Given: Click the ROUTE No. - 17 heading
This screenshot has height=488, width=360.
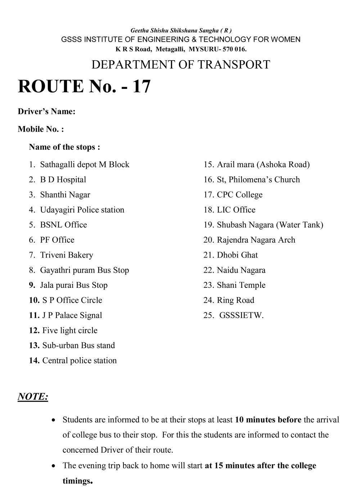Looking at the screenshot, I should [84, 87].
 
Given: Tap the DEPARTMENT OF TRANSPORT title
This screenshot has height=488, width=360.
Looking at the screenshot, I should [180, 64].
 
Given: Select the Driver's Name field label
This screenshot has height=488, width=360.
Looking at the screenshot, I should [46, 112].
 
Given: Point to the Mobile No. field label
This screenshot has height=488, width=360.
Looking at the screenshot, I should [41, 129].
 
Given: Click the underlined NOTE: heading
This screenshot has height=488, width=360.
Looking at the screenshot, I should [33, 397].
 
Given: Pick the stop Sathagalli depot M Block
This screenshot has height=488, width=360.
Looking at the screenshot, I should [85, 165].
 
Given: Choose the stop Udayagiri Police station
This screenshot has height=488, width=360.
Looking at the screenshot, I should [82, 210].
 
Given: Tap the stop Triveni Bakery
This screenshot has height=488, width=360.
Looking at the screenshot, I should [67, 255].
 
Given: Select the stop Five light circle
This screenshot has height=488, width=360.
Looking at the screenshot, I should [70, 330].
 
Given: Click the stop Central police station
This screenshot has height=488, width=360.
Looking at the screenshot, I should [80, 361].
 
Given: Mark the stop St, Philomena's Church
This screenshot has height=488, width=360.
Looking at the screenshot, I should [258, 180].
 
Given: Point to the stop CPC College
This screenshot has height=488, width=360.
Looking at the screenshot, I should [239, 195].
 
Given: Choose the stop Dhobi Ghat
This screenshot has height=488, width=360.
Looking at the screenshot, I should [237, 255].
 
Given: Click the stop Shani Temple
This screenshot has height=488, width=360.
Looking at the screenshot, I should [241, 285].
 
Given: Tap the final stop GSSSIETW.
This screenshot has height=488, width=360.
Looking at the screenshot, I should [241, 315].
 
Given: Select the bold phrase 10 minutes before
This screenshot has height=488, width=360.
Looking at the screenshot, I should [268, 420].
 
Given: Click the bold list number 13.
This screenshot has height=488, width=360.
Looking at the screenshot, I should [34, 345].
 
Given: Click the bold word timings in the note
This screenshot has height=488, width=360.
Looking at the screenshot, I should [77, 481].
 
